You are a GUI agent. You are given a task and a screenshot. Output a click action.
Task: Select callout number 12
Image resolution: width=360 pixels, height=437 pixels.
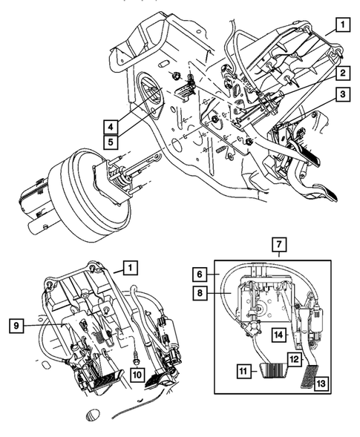coord(295,359)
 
